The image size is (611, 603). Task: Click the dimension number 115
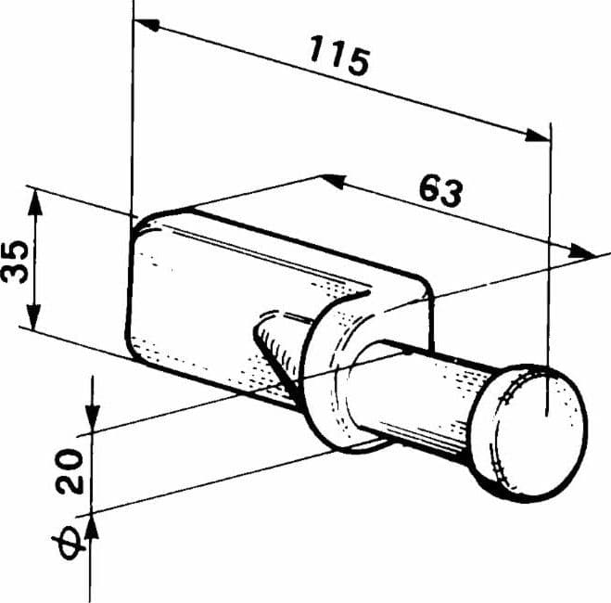[339, 56]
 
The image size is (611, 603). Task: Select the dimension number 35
[15, 262]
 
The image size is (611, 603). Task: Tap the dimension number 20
[70, 471]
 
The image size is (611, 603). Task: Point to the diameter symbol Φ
[69, 542]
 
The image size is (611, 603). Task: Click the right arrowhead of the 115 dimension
[538, 135]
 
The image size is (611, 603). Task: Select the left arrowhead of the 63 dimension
[334, 181]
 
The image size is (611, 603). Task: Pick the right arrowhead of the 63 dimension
[582, 251]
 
